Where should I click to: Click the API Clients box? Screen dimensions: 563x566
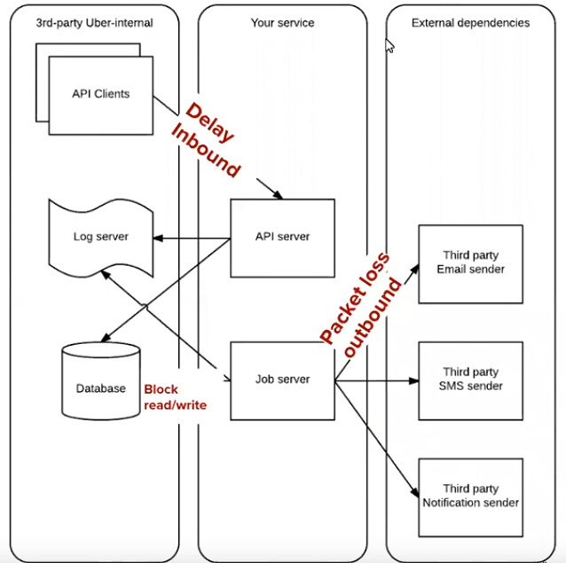click(100, 93)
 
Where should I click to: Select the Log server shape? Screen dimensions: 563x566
click(100, 237)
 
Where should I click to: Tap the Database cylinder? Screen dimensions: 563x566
click(100, 387)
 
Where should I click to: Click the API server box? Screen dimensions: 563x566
click(282, 237)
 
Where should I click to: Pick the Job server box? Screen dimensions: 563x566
click(282, 379)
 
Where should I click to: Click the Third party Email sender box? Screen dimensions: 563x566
click(470, 263)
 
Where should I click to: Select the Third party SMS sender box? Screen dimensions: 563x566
click(470, 379)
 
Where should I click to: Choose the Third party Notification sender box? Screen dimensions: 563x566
click(470, 497)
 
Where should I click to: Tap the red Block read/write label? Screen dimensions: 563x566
click(175, 397)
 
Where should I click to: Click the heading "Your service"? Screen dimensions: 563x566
click(282, 22)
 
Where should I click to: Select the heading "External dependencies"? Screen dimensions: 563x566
click(470, 22)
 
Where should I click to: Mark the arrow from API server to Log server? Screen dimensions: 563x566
click(191, 237)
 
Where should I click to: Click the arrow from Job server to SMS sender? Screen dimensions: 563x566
click(377, 381)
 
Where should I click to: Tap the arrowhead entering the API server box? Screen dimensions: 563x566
click(279, 194)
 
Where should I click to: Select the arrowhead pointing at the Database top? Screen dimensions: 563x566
click(102, 340)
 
